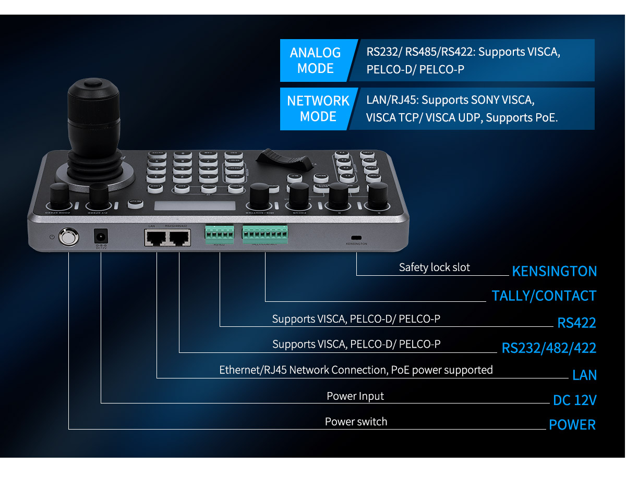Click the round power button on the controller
[69, 237]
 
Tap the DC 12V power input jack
[100, 237]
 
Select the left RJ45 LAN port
[156, 238]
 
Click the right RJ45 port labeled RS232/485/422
[178, 238]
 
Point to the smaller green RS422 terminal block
[220, 234]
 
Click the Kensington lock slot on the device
[357, 236]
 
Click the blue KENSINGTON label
[554, 271]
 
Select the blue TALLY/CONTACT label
[544, 296]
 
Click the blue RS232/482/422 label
[549, 348]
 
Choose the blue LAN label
[584, 375]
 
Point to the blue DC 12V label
[574, 400]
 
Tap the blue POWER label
[572, 425]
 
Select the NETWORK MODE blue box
[318, 108]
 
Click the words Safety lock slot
[434, 267]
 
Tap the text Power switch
[356, 422]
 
